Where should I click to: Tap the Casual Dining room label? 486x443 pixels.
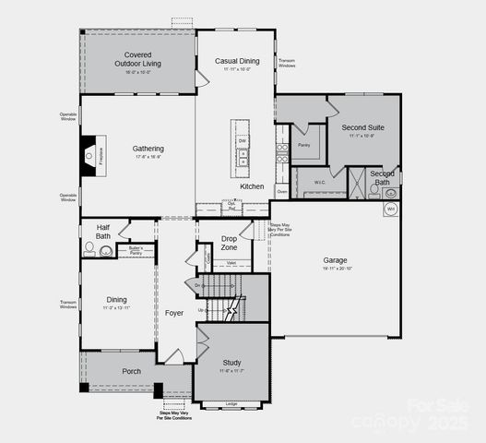tap(237, 62)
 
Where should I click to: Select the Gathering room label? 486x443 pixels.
tap(148, 149)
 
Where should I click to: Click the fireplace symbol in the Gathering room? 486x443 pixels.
tap(89, 156)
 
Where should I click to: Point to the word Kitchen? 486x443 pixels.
tap(252, 186)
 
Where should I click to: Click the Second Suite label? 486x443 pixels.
tap(361, 127)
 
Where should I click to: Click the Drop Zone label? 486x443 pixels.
tap(230, 242)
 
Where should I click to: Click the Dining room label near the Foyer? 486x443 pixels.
tap(117, 299)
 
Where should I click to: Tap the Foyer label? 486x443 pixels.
tap(174, 313)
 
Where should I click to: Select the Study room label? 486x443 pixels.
tap(231, 363)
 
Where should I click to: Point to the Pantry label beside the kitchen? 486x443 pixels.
tap(303, 145)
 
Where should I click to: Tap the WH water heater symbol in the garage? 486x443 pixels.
tap(390, 210)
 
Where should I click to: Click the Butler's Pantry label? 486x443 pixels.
tap(135, 249)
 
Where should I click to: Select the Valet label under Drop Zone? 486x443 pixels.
tap(232, 263)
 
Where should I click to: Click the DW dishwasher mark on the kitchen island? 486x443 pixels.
tap(243, 140)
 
